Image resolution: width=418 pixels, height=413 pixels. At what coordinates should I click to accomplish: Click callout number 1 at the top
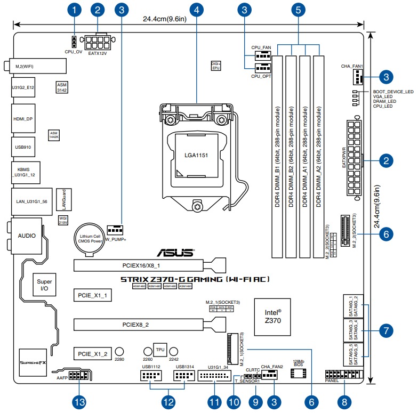pos(75,10)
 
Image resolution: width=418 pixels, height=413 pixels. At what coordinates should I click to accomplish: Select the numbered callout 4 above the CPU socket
pos(197,10)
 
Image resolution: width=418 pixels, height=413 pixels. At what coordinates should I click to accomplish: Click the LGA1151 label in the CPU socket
pos(197,155)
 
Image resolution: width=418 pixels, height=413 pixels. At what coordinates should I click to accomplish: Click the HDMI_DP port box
pos(23,119)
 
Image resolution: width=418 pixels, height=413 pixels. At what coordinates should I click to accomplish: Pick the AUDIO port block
pos(23,234)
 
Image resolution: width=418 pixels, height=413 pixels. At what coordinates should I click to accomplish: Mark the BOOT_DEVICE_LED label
pos(393,92)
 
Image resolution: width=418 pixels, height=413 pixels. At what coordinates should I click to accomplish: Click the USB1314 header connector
pos(183,376)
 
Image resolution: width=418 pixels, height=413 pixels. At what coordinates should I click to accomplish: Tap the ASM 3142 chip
pos(63,87)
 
